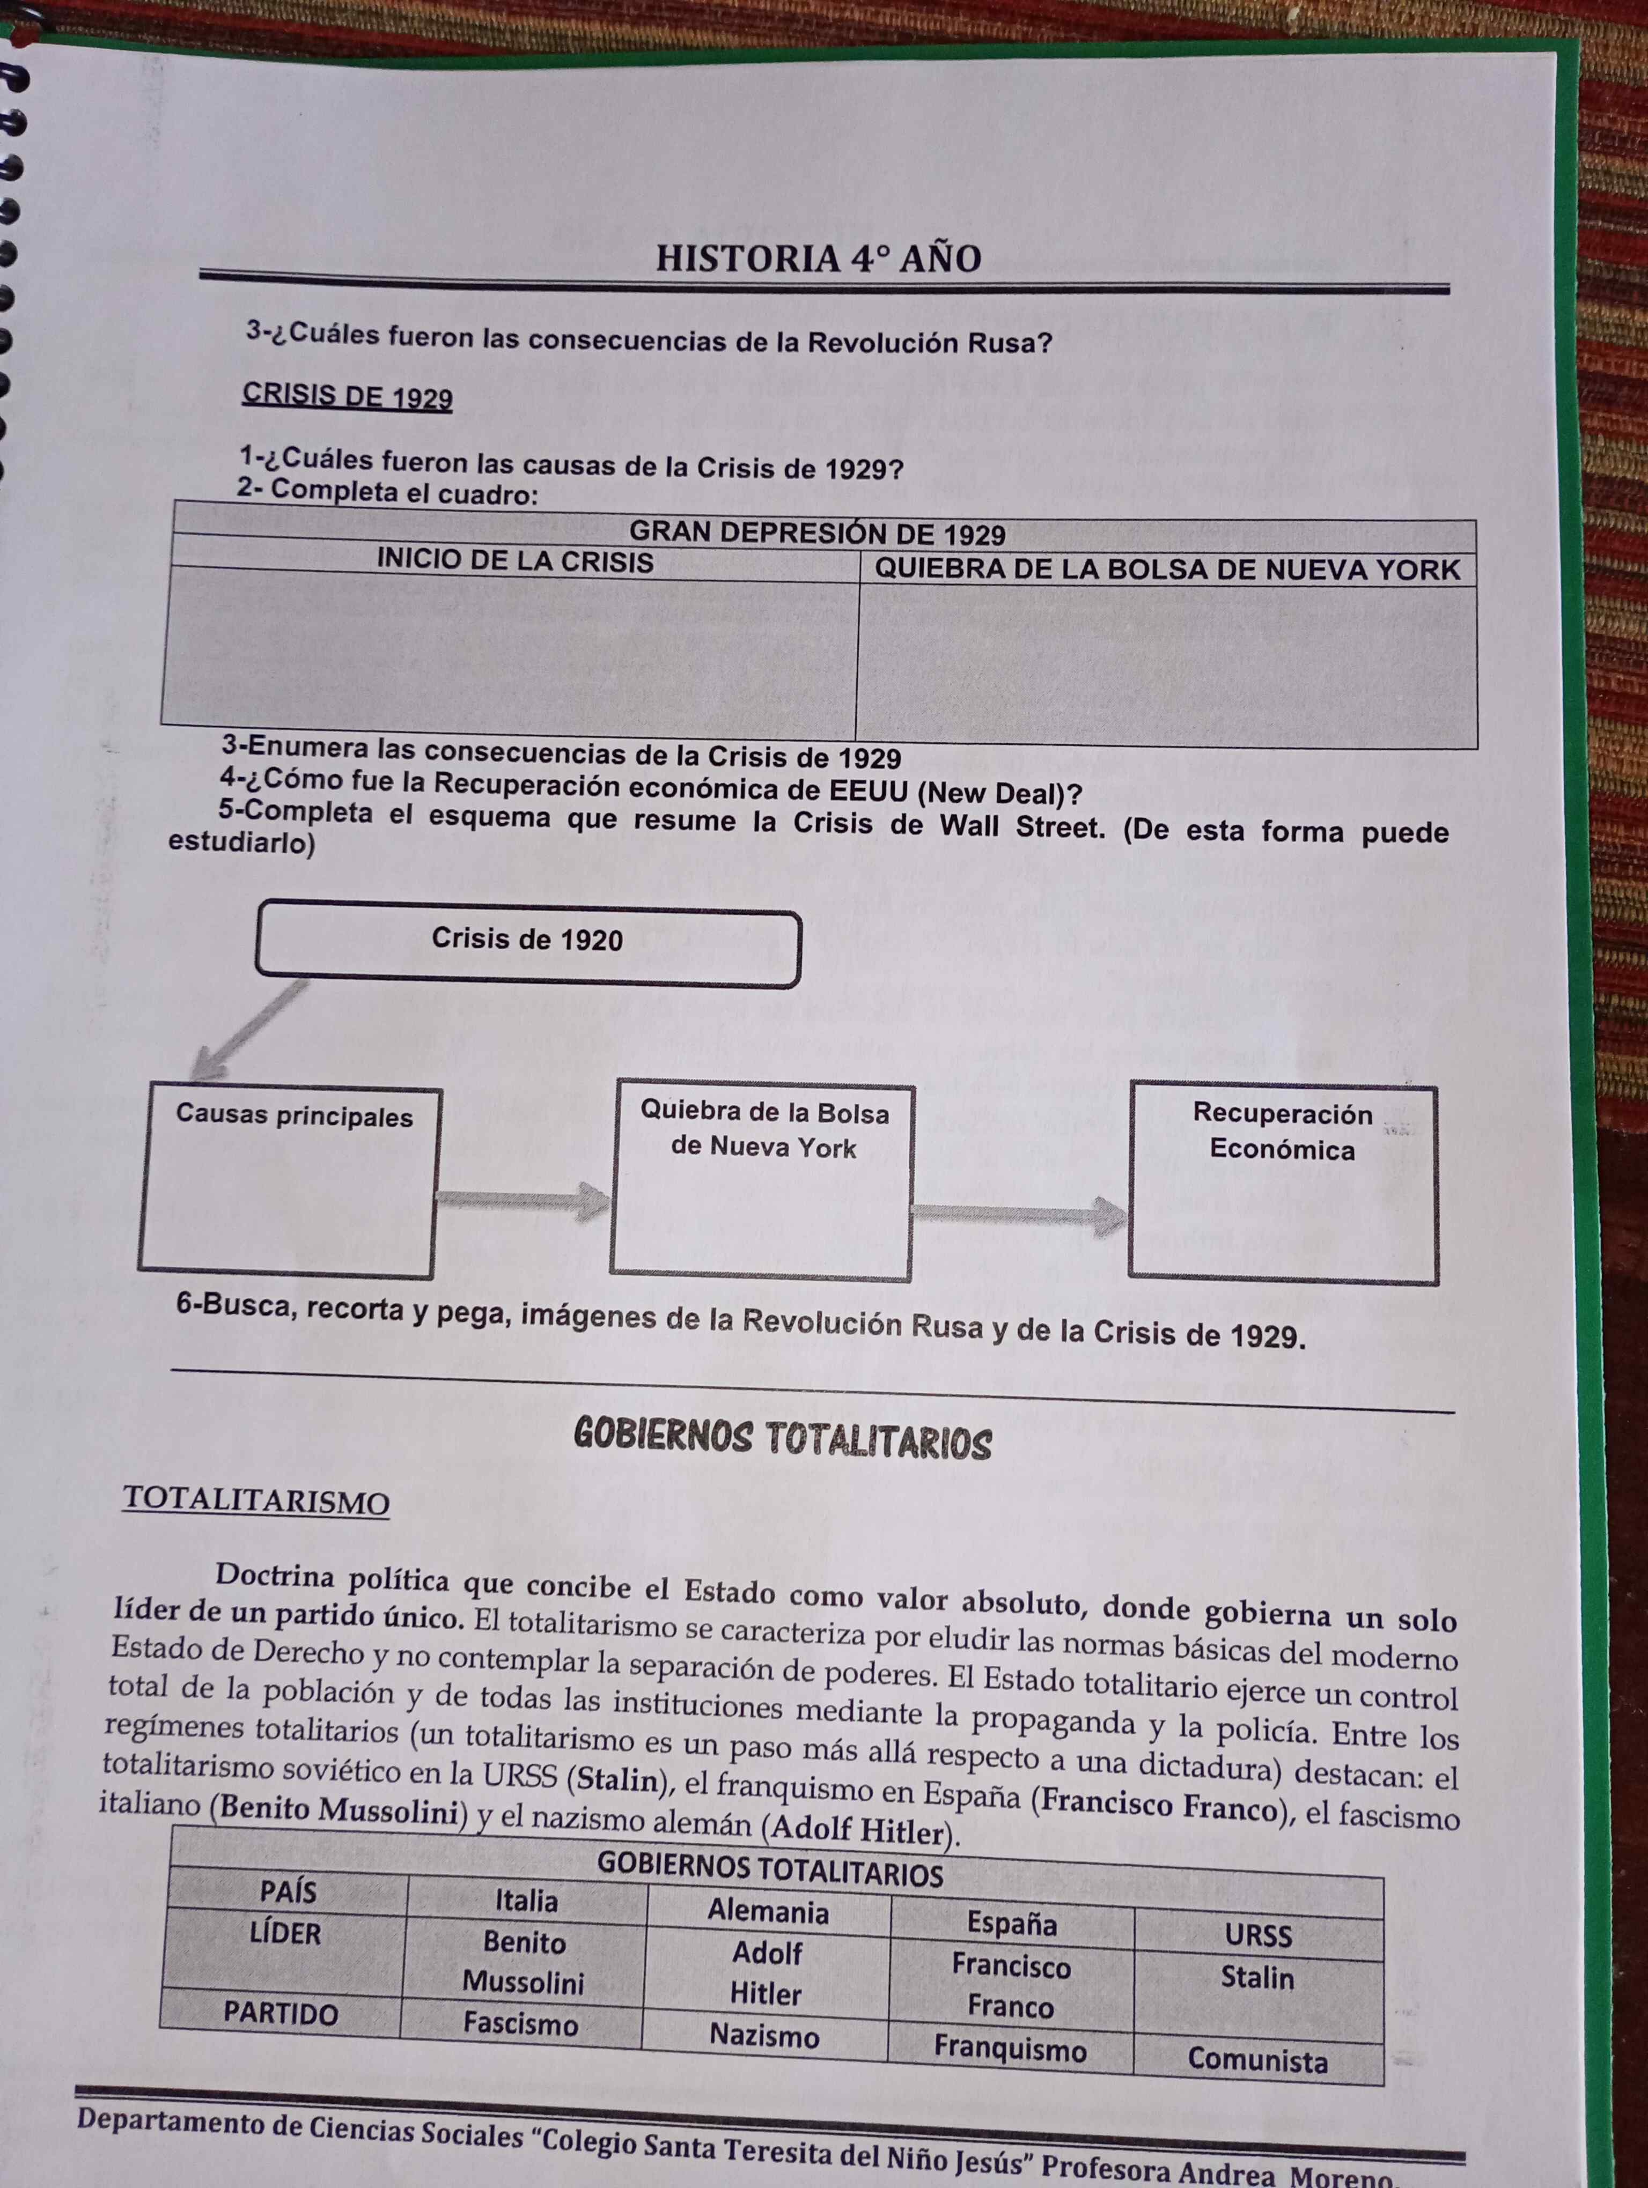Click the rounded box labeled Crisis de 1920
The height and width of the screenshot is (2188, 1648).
point(527,948)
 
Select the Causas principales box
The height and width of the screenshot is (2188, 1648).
point(288,1182)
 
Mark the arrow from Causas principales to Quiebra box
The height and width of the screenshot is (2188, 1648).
point(523,1200)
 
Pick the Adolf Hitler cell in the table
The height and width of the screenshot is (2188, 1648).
point(767,1973)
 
